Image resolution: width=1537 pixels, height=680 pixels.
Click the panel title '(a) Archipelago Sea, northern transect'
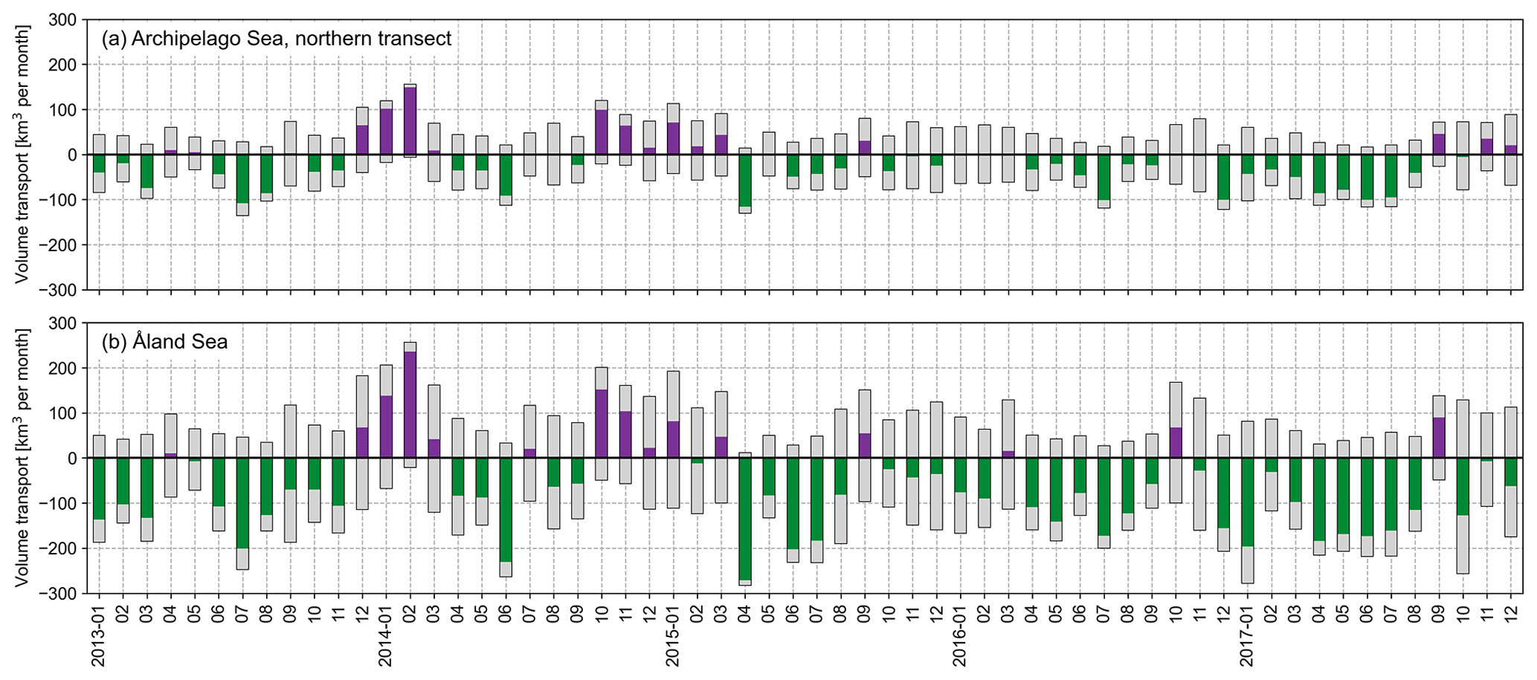point(276,39)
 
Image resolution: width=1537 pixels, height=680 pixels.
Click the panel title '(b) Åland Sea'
point(164,342)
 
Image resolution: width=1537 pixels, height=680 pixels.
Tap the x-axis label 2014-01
point(386,636)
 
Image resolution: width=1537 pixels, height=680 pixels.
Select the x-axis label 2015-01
point(673,636)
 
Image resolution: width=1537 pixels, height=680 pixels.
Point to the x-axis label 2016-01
point(960,636)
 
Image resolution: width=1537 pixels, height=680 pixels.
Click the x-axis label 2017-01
point(1247,636)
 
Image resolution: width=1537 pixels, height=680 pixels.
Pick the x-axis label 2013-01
point(99,636)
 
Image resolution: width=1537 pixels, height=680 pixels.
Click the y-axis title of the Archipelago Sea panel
point(22,155)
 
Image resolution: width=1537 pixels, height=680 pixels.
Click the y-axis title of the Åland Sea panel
point(22,458)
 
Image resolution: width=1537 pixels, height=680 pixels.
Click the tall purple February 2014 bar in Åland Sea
point(410,405)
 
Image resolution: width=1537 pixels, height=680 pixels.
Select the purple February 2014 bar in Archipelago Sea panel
point(410,121)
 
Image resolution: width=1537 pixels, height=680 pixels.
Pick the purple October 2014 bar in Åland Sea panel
point(602,424)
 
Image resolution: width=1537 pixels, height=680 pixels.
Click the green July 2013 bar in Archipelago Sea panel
point(242,178)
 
